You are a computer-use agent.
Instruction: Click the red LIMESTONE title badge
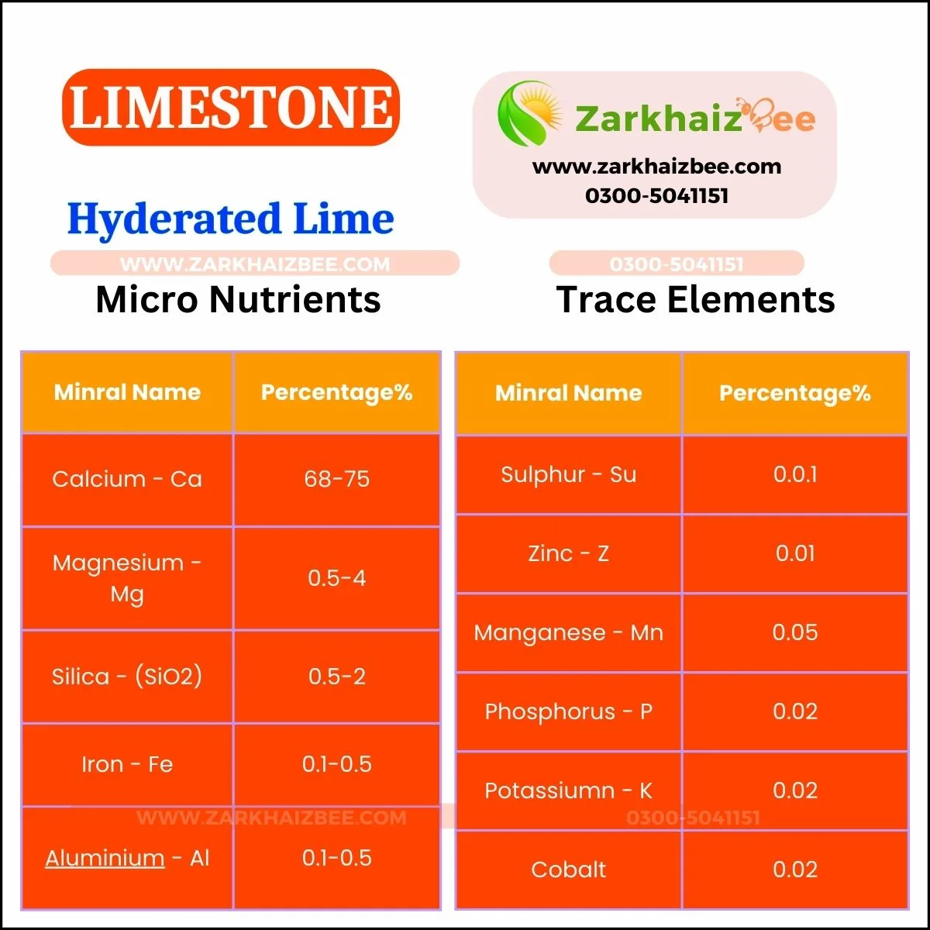pyautogui.click(x=231, y=107)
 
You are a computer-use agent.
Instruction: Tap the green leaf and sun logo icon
pyautogui.click(x=530, y=113)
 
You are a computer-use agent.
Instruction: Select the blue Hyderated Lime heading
pyautogui.click(x=231, y=219)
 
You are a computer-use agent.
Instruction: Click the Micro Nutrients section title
pyautogui.click(x=239, y=299)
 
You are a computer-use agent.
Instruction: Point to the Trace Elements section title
pyautogui.click(x=695, y=299)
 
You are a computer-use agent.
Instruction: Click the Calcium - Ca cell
pyautogui.click(x=127, y=479)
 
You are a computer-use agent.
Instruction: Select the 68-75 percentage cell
pyautogui.click(x=337, y=479)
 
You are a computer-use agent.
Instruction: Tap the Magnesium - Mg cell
pyautogui.click(x=127, y=578)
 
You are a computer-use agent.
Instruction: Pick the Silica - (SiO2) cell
pyautogui.click(x=127, y=676)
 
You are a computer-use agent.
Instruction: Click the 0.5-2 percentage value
pyautogui.click(x=337, y=677)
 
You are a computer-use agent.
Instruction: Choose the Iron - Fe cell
pyautogui.click(x=127, y=764)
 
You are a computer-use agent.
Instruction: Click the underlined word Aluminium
pyautogui.click(x=105, y=859)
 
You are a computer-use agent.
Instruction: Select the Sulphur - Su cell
pyautogui.click(x=569, y=474)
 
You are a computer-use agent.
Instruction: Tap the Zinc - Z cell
pyautogui.click(x=569, y=553)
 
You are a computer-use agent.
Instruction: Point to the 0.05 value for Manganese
pyautogui.click(x=795, y=632)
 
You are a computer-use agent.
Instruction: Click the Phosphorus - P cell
pyautogui.click(x=569, y=712)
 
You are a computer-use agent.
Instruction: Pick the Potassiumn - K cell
pyautogui.click(x=569, y=791)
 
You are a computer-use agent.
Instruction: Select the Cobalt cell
pyautogui.click(x=569, y=870)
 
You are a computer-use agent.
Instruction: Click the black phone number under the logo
pyautogui.click(x=657, y=196)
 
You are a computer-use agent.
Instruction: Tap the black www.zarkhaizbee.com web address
pyautogui.click(x=657, y=167)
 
